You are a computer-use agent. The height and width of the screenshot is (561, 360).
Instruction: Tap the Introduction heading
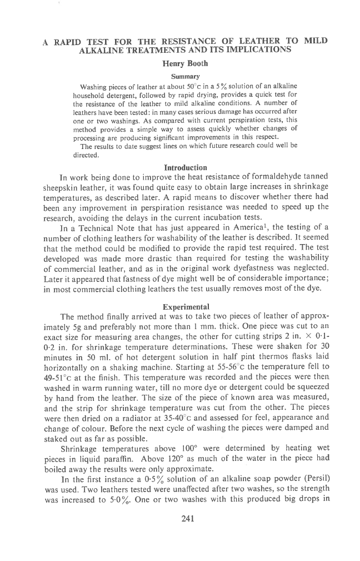point(186,167)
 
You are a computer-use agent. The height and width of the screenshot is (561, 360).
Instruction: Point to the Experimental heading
point(186,306)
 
